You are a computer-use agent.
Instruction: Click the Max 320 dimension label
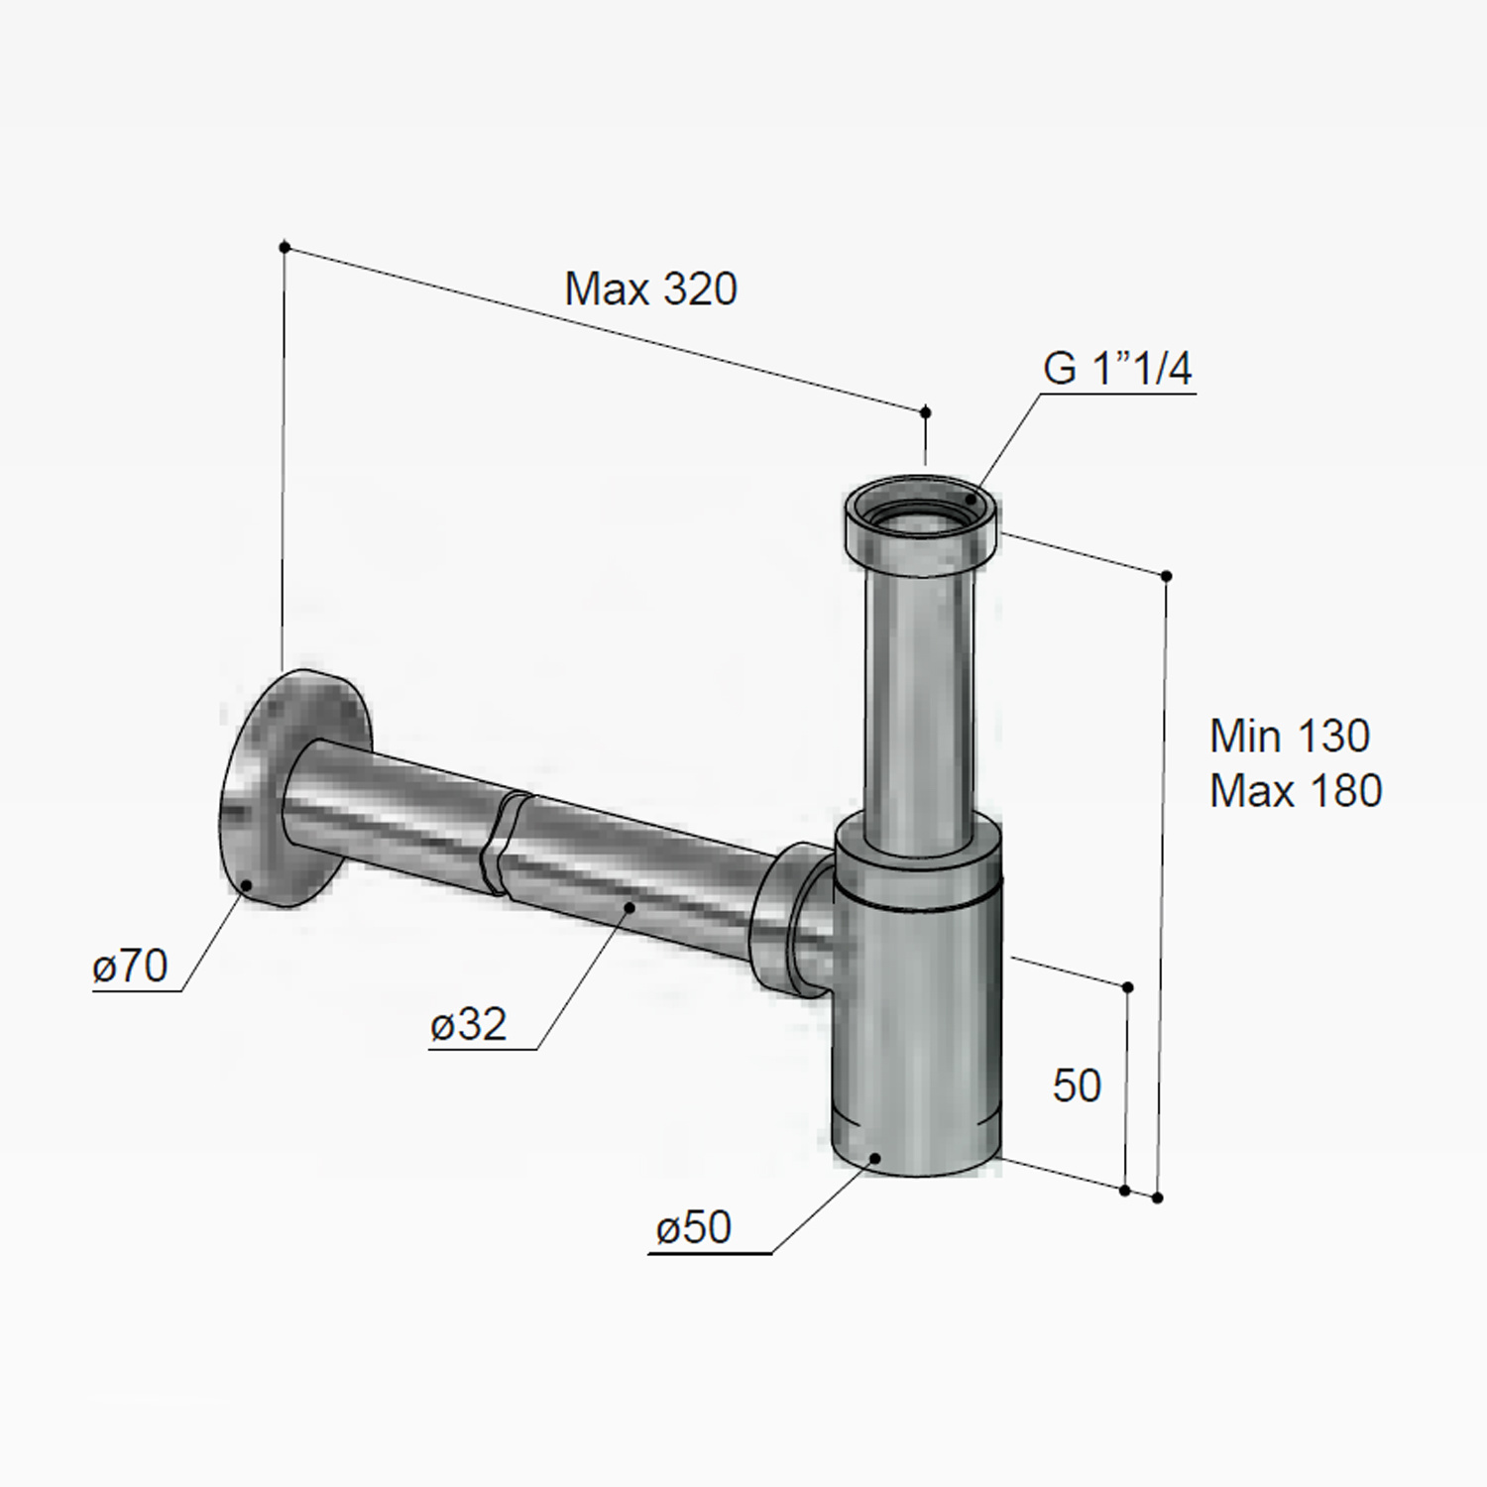651,289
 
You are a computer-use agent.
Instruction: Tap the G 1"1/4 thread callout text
1117,369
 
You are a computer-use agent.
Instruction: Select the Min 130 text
1290,736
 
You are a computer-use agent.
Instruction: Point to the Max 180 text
1296,791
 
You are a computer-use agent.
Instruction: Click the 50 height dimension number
1077,1087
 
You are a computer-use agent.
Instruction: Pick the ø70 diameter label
131,966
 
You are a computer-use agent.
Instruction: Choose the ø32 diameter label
469,1024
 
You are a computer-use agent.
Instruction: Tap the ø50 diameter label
694,1228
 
